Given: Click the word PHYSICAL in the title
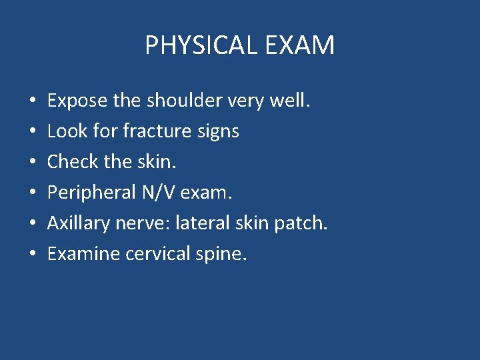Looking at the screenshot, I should coord(198,46).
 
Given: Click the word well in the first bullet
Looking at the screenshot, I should coord(291,101).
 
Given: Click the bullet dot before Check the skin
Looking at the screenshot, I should coord(33,163).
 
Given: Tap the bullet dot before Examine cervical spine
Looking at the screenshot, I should coord(33,255).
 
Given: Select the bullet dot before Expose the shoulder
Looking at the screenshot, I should coord(33,101).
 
